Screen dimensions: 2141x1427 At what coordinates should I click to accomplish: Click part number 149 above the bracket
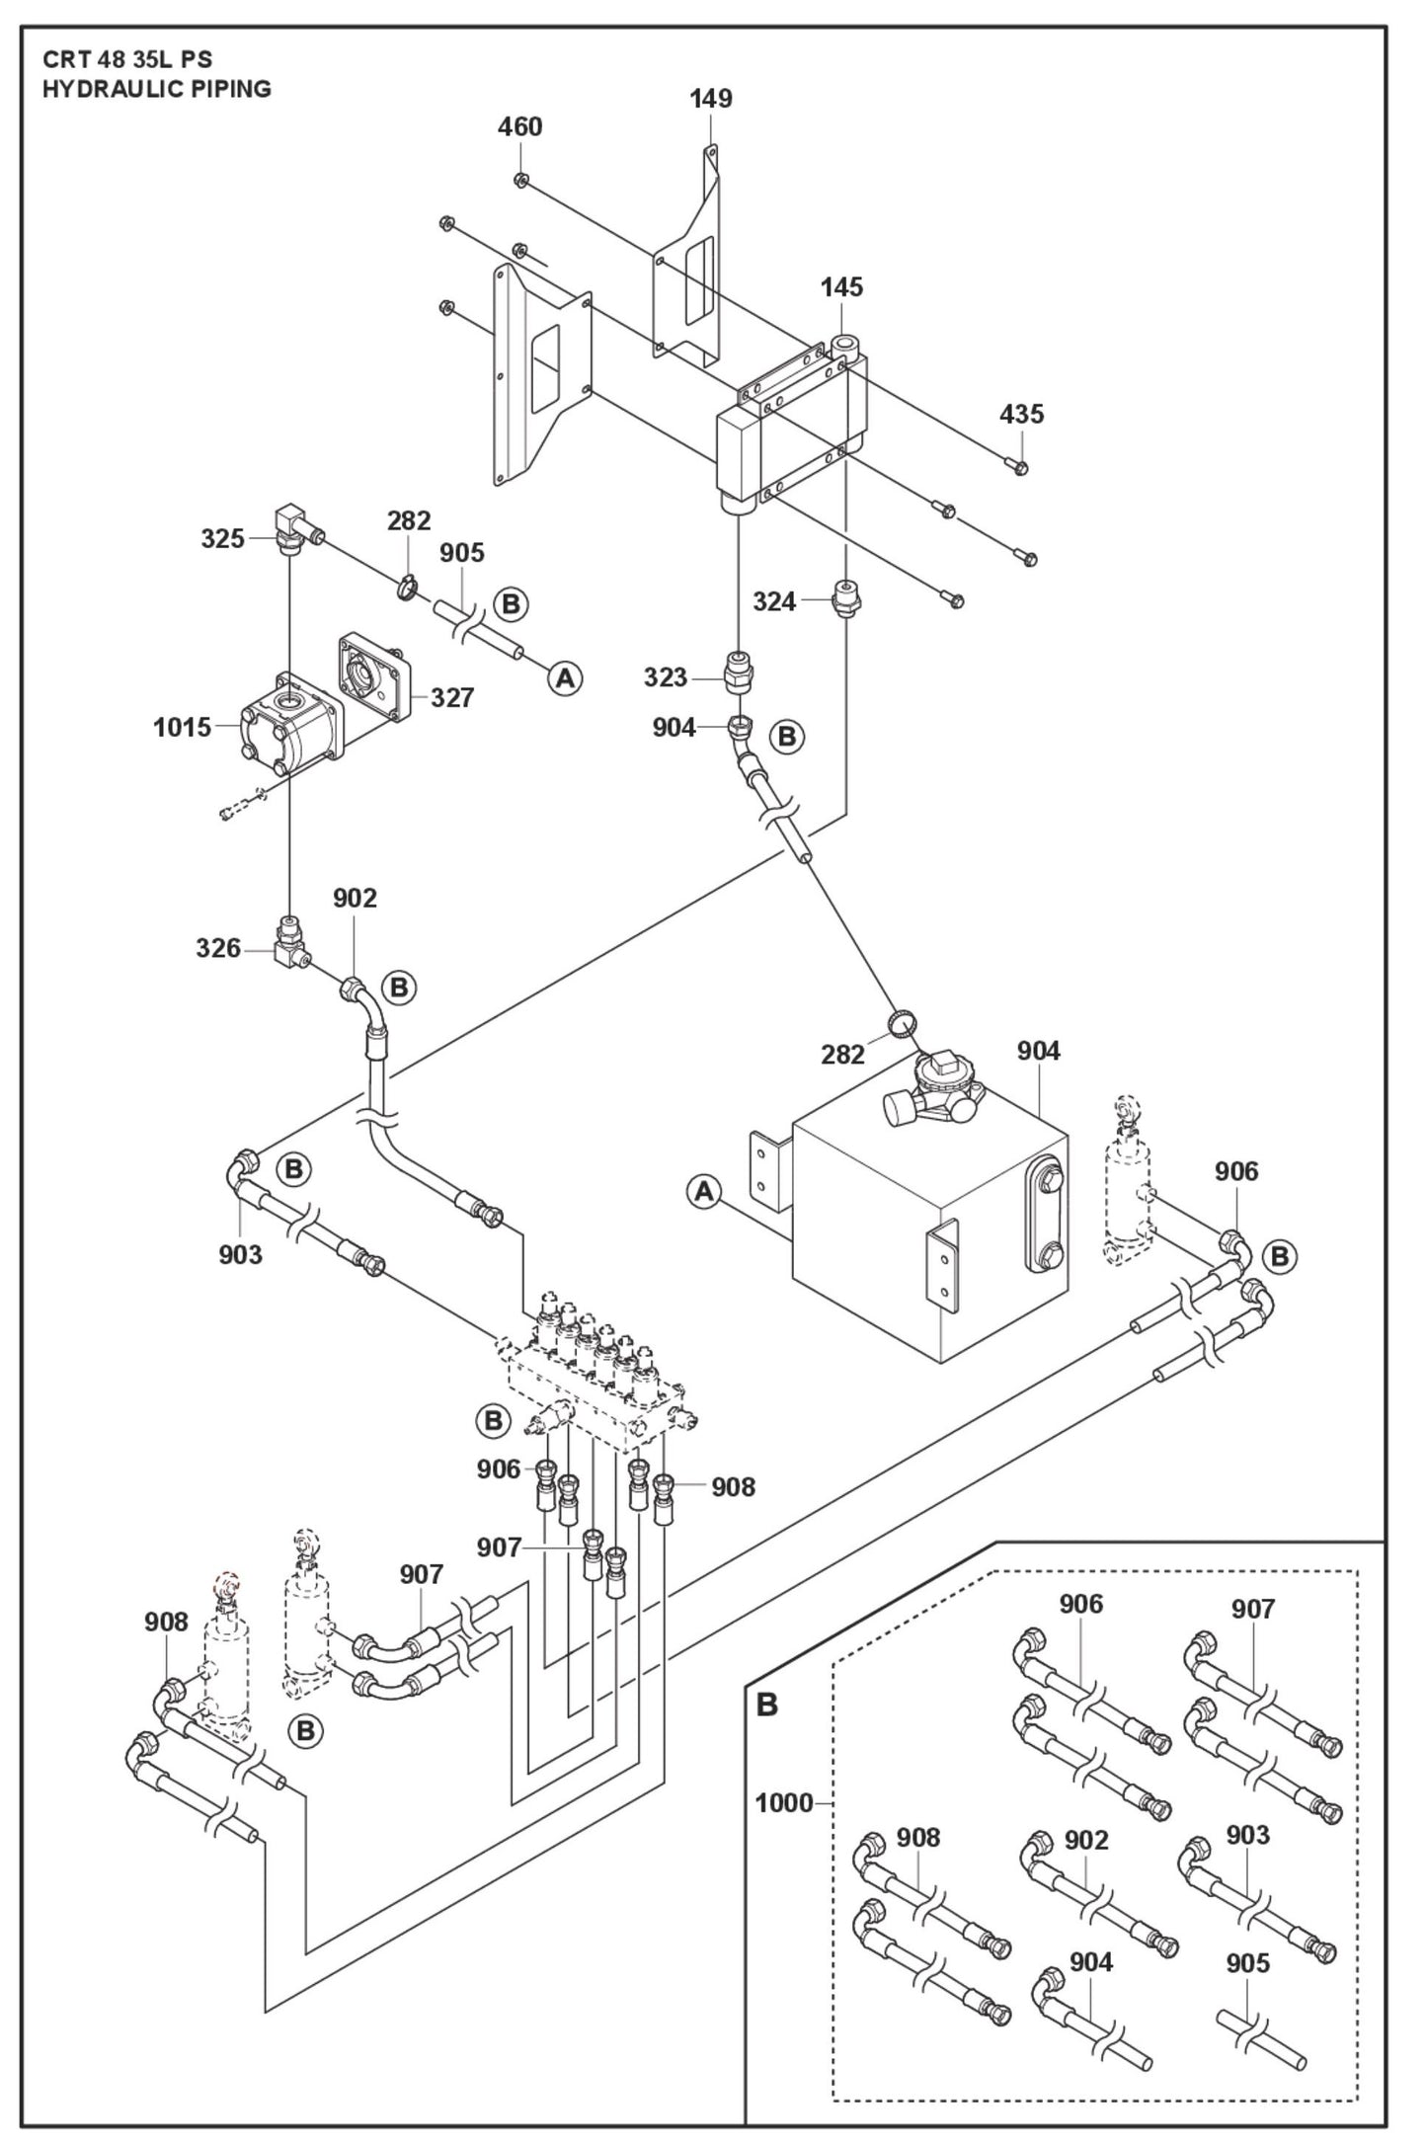click(x=711, y=99)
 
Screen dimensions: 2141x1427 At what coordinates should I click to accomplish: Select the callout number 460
click(x=519, y=127)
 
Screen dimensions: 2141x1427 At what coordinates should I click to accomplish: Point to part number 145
click(x=841, y=287)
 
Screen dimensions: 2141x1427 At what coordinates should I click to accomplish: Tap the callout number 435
click(x=1021, y=414)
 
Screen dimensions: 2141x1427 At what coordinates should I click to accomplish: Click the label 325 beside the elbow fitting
click(x=222, y=538)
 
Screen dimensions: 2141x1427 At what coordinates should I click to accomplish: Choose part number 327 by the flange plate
click(x=452, y=698)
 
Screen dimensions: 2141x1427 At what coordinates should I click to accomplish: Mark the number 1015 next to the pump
click(x=182, y=728)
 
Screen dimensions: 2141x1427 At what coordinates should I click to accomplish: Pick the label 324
click(x=774, y=601)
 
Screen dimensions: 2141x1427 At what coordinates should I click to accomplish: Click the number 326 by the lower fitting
click(x=218, y=948)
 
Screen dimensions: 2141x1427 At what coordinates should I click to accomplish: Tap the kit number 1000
click(x=784, y=1803)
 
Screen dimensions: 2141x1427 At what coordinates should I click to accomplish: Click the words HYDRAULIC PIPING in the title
click(x=156, y=89)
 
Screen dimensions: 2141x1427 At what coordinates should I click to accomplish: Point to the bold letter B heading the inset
click(x=766, y=1705)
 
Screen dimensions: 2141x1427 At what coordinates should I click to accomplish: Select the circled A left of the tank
click(x=703, y=1192)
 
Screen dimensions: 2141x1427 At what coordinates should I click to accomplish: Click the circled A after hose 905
click(x=565, y=678)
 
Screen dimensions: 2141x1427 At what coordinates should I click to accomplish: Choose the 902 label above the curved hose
click(x=355, y=898)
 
